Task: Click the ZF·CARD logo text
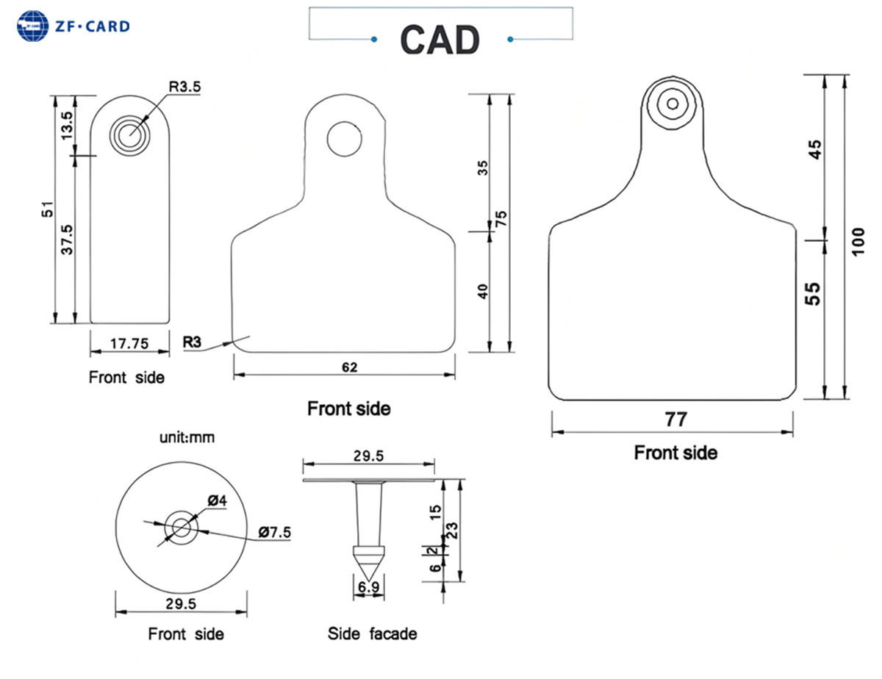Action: pos(92,26)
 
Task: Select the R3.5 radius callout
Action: pos(184,87)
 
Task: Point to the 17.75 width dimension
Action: pos(129,342)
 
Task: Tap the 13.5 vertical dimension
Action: pos(66,126)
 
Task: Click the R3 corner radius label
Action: pos(193,342)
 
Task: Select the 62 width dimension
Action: pos(349,367)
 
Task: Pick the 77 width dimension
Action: pos(675,420)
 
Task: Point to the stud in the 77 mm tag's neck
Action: pos(673,103)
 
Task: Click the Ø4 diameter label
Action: pos(217,501)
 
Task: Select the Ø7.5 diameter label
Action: pos(275,531)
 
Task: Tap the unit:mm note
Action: pos(187,437)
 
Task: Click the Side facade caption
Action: pos(373,633)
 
